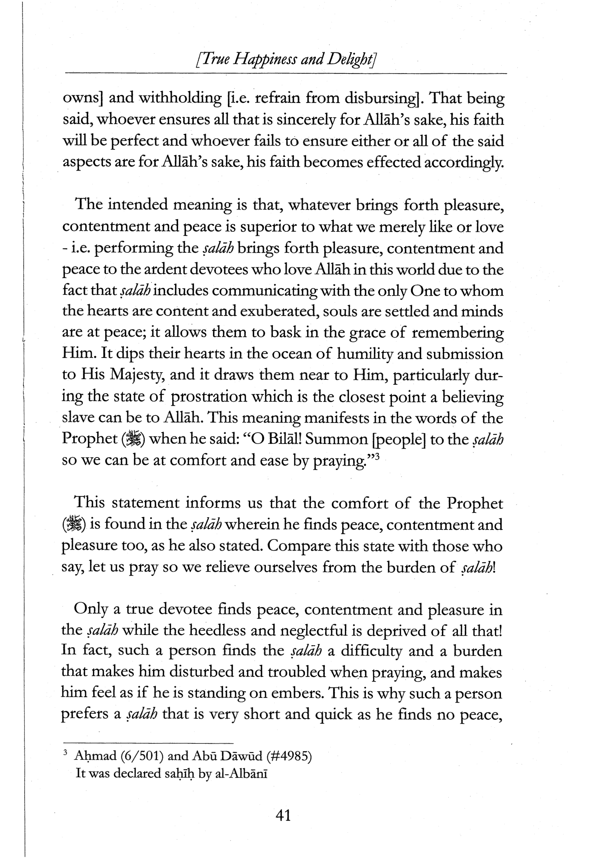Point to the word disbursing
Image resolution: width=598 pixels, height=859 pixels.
coord(381,98)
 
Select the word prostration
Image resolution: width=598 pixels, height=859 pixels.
coord(209,397)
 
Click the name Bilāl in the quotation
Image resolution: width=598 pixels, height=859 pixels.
coord(283,440)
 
